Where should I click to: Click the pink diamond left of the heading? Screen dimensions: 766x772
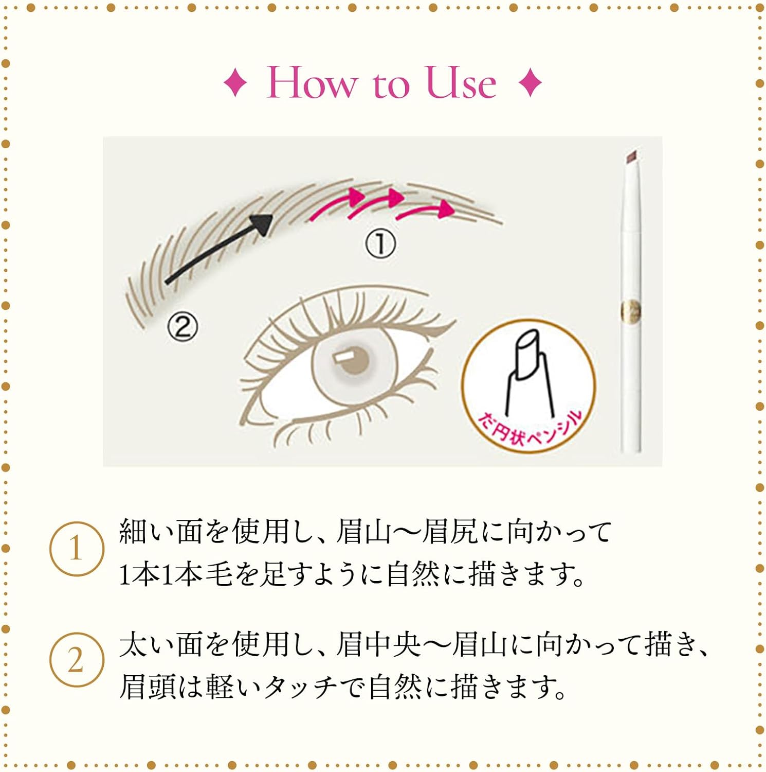[235, 83]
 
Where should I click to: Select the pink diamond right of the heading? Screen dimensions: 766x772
[531, 83]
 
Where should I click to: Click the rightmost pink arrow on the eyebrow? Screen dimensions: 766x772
[426, 209]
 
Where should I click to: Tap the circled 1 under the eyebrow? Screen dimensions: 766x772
[380, 243]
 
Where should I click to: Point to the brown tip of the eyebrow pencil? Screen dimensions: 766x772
[631, 156]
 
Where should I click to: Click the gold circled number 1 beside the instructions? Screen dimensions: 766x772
[77, 548]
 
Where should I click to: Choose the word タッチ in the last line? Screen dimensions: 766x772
[300, 687]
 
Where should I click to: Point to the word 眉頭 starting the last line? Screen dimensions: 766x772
[148, 687]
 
